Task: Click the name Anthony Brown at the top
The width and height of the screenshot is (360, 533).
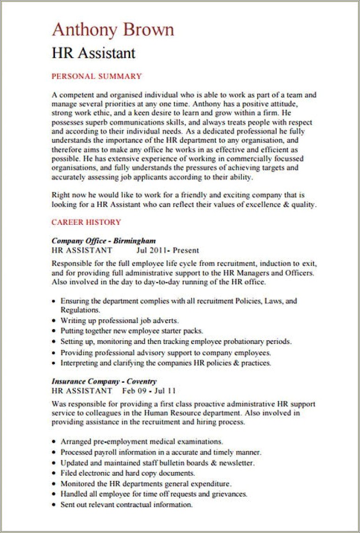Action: point(113,30)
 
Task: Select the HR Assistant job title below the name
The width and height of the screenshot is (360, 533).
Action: point(93,53)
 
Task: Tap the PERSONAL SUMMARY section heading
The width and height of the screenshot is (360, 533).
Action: point(96,76)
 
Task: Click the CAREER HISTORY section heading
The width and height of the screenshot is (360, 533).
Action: point(86,223)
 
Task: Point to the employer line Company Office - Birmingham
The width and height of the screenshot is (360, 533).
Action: point(103,241)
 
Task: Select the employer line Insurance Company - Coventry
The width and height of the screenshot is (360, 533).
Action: point(104,382)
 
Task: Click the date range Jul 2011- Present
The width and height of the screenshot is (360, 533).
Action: point(168,250)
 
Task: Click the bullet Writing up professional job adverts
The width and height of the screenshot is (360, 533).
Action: point(120,321)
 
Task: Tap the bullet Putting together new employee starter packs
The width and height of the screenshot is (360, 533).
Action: point(132,331)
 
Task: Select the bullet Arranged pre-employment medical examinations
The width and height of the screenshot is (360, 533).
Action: point(141,441)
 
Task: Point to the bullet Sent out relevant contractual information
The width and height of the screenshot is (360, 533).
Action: point(127,505)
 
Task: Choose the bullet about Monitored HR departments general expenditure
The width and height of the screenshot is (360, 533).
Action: point(146,484)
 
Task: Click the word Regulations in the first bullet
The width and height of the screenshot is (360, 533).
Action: point(80,310)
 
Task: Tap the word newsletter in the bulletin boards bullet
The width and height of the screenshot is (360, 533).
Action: point(236,463)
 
